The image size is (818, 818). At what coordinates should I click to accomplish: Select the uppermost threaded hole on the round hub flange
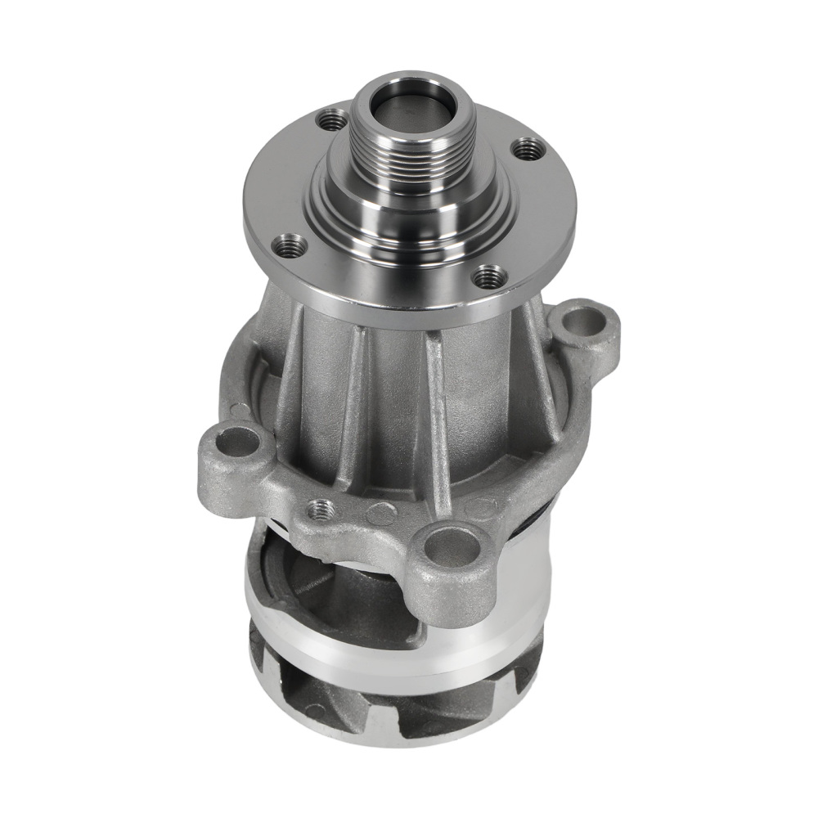331,122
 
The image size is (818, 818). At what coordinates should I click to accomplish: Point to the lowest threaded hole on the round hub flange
490,276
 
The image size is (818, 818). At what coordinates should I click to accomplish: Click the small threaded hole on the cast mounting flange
321,509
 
